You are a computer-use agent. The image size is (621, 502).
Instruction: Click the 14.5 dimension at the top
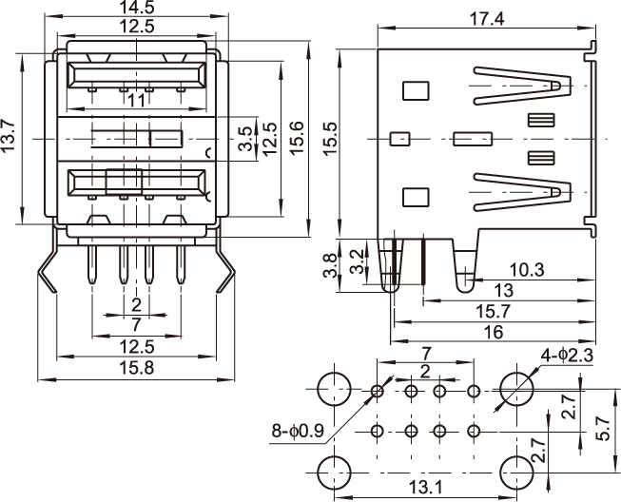pos(135,8)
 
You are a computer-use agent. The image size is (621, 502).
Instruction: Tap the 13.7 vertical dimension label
pos(10,137)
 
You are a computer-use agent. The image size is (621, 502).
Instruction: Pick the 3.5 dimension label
pos(246,138)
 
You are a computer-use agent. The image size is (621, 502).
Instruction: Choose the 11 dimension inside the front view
pos(135,99)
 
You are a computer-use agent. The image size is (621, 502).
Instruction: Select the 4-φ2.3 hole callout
pos(567,356)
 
